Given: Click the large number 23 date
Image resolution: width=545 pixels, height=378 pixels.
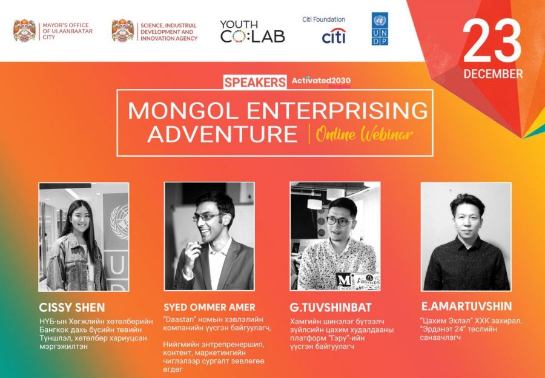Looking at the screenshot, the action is [492, 41].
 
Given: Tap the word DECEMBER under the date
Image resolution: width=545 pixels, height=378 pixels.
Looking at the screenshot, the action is [493, 74].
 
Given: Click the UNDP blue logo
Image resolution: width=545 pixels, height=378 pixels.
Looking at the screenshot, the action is [380, 29].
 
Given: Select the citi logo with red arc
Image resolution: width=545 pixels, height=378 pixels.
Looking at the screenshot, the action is [334, 36].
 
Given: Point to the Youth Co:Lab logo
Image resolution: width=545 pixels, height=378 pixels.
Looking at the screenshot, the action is [253, 31].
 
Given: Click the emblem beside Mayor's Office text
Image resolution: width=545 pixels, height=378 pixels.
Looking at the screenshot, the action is [24, 31].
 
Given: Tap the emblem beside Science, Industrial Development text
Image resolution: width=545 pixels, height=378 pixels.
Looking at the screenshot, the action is [123, 31].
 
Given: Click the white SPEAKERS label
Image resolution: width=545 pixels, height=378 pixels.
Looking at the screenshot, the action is [255, 82].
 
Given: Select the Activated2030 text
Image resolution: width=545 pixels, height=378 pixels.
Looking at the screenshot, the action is [321, 81].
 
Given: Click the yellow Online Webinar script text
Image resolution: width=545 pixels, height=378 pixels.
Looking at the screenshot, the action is [365, 134].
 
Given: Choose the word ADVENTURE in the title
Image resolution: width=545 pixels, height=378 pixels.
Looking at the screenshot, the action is [223, 134].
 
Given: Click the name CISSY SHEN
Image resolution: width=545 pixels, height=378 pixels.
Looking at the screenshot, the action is [72, 308].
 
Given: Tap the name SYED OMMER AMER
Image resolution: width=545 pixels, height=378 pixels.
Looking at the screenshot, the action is [210, 307].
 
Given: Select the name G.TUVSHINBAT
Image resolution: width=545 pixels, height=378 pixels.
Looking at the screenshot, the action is [331, 307].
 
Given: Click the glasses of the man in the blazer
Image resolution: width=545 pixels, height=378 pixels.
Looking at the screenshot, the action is [208, 217].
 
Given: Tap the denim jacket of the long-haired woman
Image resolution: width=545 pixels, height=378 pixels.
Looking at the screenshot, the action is [76, 264].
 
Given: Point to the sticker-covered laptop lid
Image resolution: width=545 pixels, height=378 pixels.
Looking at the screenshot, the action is [358, 281].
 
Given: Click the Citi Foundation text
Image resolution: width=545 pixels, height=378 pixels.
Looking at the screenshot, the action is [323, 19].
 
